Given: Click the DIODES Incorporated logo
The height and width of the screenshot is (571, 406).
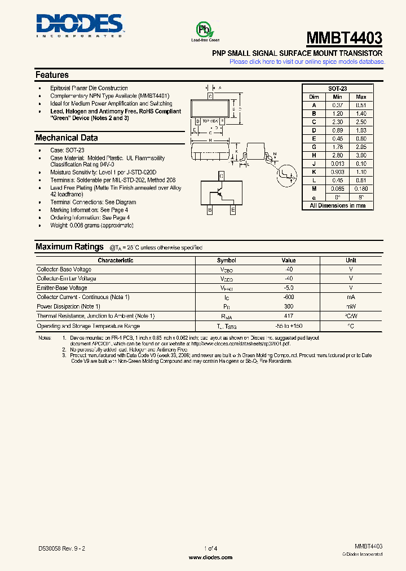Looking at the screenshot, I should pos(79,25).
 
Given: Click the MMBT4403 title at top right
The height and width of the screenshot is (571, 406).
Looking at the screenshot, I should pos(344,38).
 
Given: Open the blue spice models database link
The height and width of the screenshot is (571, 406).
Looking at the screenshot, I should pos(306,62).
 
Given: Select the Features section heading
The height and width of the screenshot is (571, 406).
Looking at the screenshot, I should pos(52,74).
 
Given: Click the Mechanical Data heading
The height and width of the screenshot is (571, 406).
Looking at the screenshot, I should pos(67,138).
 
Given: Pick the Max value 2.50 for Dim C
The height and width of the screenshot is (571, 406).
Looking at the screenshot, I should pos(361,122).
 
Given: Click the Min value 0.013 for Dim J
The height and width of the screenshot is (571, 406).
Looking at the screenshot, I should pos(337,164).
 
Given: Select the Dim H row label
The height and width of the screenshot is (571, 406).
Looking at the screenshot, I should pos(314,155).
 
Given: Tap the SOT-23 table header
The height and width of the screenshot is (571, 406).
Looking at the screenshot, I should pos(337,89).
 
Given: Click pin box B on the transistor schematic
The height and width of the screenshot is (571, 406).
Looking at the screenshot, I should pos(210,210).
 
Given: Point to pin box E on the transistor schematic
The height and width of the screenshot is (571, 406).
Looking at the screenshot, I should pos(232,210).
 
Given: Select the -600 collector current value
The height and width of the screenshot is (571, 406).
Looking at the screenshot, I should pos(288,297).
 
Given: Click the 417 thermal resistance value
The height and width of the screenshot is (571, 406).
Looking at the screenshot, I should pos(288,316).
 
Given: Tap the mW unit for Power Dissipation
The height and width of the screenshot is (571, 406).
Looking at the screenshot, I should pos(351,306).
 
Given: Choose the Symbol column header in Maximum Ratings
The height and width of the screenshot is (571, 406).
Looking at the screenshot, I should pos(226,261).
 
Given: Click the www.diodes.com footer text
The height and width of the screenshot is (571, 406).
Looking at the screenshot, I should pos(210,557).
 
